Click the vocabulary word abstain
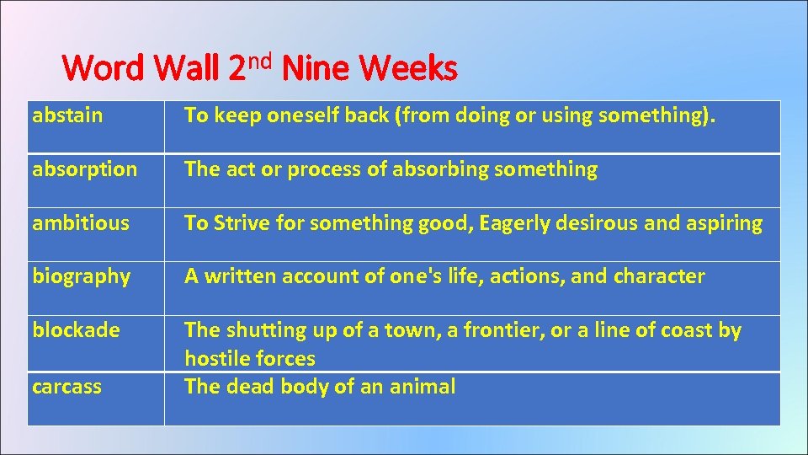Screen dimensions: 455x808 click(x=67, y=115)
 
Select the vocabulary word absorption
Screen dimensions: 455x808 click(x=84, y=169)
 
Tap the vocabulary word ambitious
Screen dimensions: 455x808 click(x=81, y=223)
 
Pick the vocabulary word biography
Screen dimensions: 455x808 click(x=82, y=277)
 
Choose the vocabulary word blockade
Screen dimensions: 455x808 click(x=76, y=330)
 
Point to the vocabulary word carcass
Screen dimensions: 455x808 click(x=66, y=387)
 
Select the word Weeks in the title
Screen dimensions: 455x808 click(x=408, y=68)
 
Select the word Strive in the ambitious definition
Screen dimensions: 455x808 click(x=242, y=223)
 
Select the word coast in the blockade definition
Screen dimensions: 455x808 click(x=687, y=330)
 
